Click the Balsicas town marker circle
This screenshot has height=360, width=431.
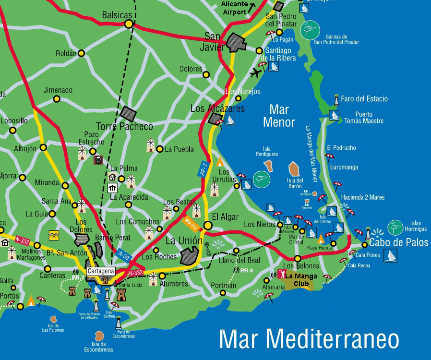tap(128, 24)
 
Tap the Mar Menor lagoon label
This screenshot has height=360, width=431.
tap(279, 116)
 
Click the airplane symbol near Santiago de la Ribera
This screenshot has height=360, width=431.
tap(257, 73)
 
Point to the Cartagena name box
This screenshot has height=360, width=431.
tap(101, 271)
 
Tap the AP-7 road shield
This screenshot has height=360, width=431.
tap(204, 168)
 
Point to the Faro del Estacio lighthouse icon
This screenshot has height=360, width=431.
tap(336, 100)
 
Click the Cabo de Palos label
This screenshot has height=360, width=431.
tap(398, 243)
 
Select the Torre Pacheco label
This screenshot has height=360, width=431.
tap(124, 127)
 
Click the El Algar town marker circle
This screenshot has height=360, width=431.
tap(207, 225)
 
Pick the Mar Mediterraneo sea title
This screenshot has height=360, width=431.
tap(309, 339)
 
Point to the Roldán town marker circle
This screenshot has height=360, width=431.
tap(82, 53)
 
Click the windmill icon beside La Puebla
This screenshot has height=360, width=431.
tap(150, 144)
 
